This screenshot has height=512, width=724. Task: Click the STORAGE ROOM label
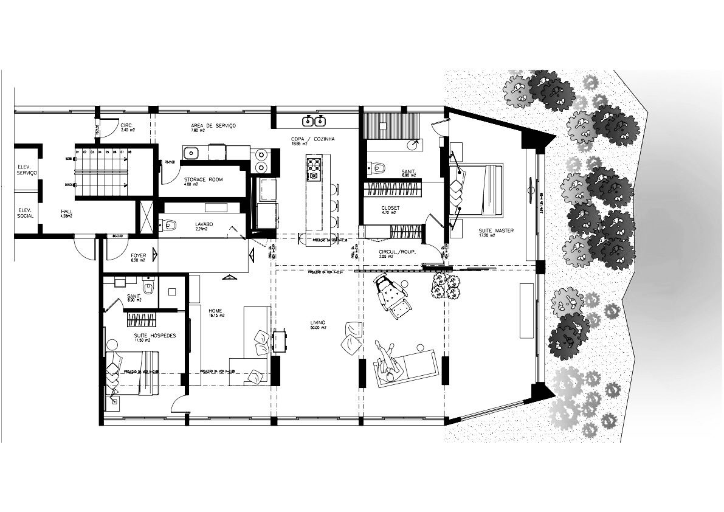(203, 179)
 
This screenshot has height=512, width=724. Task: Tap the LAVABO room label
(204, 224)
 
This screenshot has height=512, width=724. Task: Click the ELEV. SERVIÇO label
(28, 169)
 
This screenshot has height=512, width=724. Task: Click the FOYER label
(138, 256)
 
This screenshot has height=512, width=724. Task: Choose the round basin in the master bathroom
(413, 145)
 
